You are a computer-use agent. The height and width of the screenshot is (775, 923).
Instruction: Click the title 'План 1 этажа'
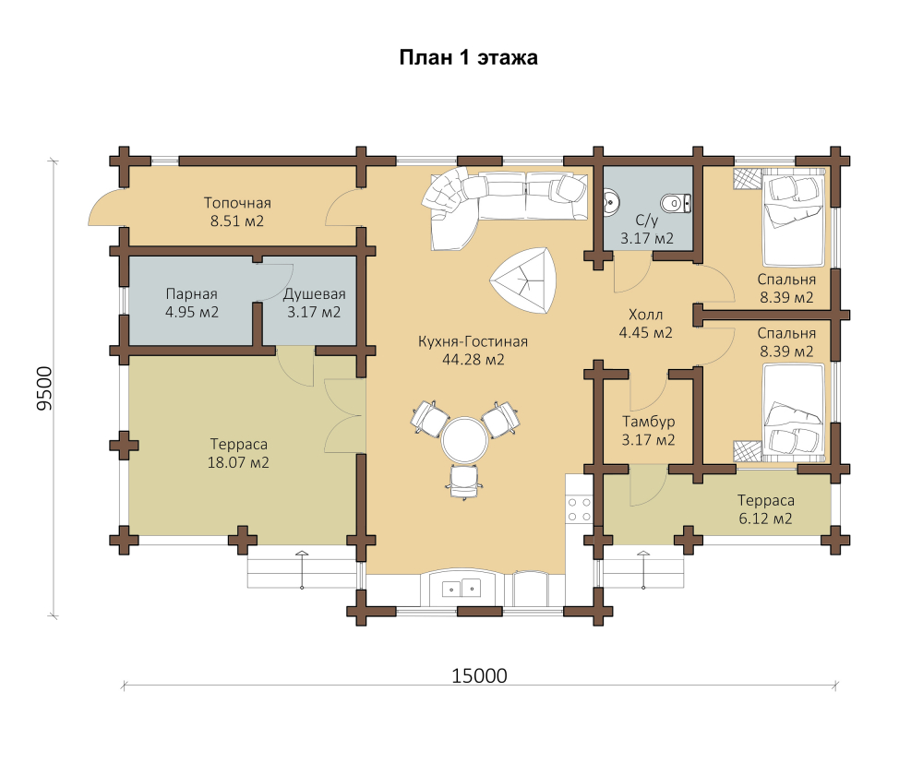tap(469, 58)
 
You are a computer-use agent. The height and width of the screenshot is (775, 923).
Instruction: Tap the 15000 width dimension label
tap(479, 675)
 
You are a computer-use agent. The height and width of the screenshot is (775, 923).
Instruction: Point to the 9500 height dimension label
tap(44, 388)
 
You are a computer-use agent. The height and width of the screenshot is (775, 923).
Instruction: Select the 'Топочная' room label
tap(237, 203)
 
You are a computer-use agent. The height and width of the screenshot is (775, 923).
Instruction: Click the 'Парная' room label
tap(192, 293)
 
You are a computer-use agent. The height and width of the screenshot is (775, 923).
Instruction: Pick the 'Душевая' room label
tap(315, 293)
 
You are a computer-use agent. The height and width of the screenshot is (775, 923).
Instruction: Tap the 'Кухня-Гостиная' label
tap(473, 341)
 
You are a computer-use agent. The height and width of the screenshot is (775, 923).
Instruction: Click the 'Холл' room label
tap(646, 315)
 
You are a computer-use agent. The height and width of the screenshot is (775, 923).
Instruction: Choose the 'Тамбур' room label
tap(649, 422)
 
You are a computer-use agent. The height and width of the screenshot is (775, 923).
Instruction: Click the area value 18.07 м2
tap(238, 462)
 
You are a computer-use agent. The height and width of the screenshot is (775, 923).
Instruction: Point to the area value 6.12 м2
tap(765, 519)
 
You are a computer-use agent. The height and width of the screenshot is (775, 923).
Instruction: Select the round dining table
tap(465, 440)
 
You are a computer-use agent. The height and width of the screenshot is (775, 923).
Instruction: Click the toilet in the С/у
tap(676, 204)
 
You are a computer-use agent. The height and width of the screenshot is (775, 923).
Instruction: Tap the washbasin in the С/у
tap(612, 201)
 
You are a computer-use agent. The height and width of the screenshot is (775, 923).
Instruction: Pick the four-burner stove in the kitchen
tap(580, 509)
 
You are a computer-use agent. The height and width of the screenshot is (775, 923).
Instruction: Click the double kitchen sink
tap(462, 588)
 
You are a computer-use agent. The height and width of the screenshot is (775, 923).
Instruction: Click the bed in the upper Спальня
tap(794, 217)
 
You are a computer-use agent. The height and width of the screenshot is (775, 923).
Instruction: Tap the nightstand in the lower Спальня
tap(747, 451)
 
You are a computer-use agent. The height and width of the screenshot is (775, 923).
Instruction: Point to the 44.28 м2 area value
tap(473, 360)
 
